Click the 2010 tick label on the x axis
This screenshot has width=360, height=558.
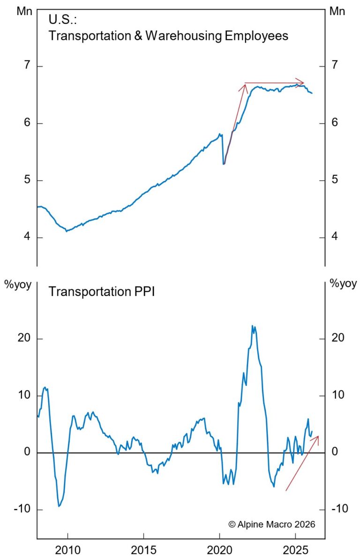(67, 549)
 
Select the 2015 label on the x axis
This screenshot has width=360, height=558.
(143, 549)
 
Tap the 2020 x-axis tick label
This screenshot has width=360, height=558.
(219, 549)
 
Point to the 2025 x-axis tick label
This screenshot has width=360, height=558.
(295, 549)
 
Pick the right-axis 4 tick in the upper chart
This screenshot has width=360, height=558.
(335, 237)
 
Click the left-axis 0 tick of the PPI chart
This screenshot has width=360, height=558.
(27, 452)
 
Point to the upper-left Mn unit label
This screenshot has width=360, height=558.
(24, 11)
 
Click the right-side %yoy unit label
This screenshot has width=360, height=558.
(343, 283)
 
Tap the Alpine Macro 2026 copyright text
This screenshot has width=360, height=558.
(272, 524)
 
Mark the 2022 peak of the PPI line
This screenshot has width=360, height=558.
(253, 326)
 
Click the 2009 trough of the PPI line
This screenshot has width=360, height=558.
(59, 506)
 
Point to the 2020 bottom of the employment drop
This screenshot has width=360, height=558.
(224, 164)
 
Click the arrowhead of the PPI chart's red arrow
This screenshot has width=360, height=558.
(317, 437)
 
